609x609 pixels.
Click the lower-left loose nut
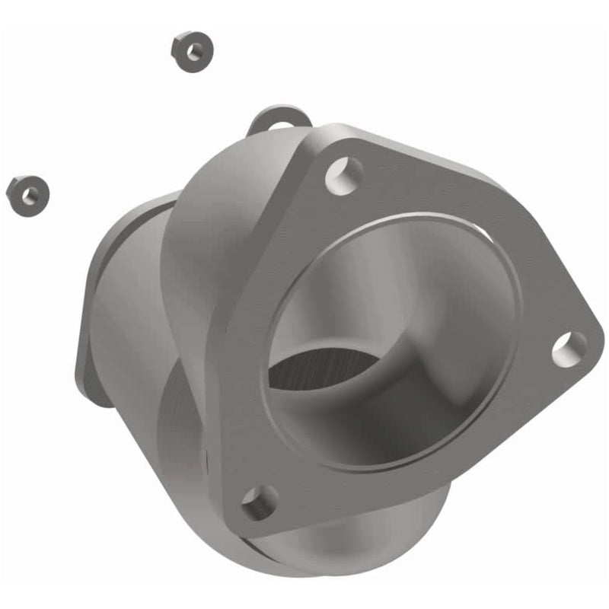pyautogui.click(x=27, y=194)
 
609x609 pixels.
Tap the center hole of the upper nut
pyautogui.click(x=195, y=51)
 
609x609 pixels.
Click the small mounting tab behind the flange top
pyautogui.click(x=280, y=119)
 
